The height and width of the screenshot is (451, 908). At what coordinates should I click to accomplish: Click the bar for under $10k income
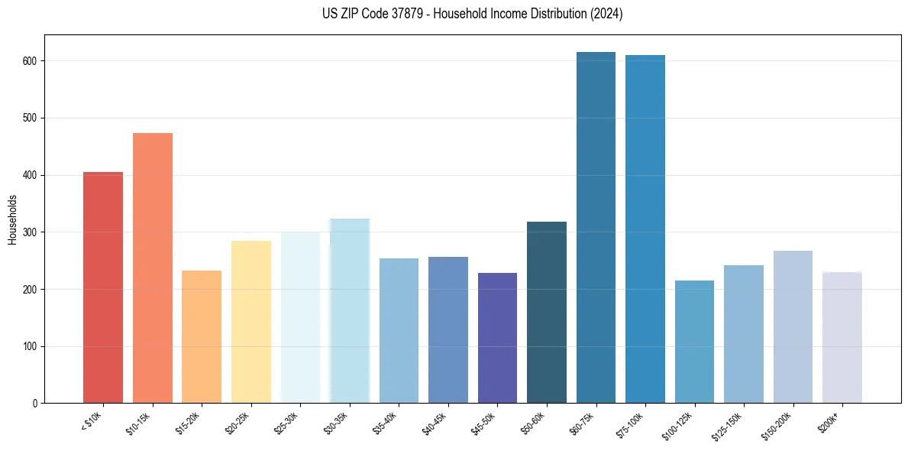coord(103,287)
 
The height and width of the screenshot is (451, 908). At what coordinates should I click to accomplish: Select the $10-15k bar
coord(153,268)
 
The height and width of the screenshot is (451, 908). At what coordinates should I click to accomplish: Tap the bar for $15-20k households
coord(202,336)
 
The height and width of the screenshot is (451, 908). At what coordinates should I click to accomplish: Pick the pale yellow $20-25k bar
coord(251,322)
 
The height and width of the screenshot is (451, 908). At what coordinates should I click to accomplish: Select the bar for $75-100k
coord(645,229)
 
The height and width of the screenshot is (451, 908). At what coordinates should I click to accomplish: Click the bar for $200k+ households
coord(842,337)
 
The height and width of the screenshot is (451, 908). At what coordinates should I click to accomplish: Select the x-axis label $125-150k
coord(729,426)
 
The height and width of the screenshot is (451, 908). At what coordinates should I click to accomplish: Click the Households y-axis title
coord(12,219)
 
